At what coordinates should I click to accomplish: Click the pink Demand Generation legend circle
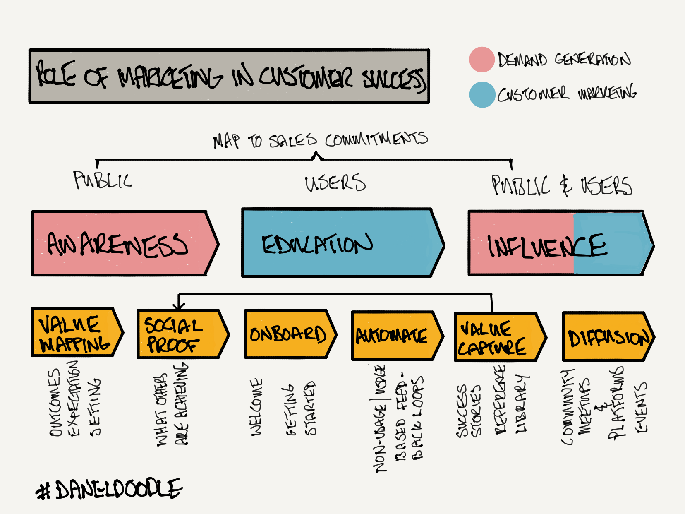[482, 60]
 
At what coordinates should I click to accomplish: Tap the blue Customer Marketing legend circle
[482, 95]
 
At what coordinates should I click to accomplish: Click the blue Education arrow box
[339, 243]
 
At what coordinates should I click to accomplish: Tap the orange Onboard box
[288, 334]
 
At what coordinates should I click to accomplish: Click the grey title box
[229, 77]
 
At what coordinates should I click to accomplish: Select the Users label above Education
[335, 183]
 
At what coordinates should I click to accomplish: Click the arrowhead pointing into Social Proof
[179, 307]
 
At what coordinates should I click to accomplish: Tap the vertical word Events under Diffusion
[641, 408]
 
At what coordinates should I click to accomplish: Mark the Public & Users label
[561, 185]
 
